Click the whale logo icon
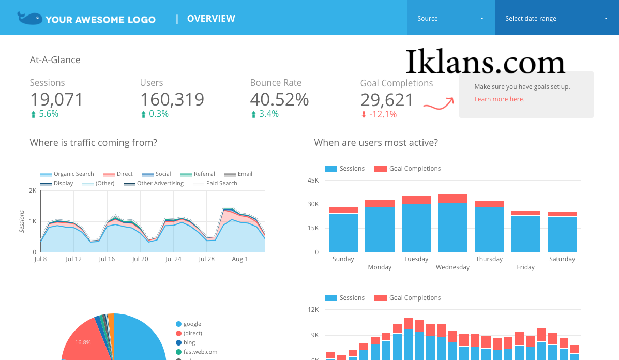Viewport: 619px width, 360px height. pyautogui.click(x=29, y=18)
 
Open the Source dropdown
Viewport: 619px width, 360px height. pyautogui.click(x=451, y=18)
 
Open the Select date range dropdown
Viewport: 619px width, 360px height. pyautogui.click(x=556, y=18)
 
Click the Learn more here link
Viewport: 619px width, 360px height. pyautogui.click(x=499, y=99)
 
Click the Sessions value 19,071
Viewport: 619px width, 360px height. pyautogui.click(x=56, y=99)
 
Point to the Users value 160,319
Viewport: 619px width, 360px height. pyautogui.click(x=172, y=99)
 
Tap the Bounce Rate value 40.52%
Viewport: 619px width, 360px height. pyautogui.click(x=279, y=99)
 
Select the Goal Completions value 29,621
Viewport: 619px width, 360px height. pyautogui.click(x=387, y=99)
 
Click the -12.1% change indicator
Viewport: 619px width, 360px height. pyautogui.click(x=383, y=114)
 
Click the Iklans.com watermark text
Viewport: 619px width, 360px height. pyautogui.click(x=485, y=62)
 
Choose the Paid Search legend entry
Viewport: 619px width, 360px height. pyautogui.click(x=221, y=183)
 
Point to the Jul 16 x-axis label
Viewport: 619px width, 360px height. pyautogui.click(x=107, y=259)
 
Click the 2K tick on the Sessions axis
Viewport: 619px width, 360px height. pyautogui.click(x=33, y=191)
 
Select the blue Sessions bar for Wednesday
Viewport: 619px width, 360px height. pyautogui.click(x=452, y=228)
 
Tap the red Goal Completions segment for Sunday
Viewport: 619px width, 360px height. pyautogui.click(x=343, y=210)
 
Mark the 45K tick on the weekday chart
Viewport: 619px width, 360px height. pyautogui.click(x=313, y=180)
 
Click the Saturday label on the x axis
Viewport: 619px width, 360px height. pyautogui.click(x=562, y=259)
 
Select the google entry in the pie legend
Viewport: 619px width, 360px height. pyautogui.click(x=192, y=324)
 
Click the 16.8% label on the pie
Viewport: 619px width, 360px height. pyautogui.click(x=83, y=342)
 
